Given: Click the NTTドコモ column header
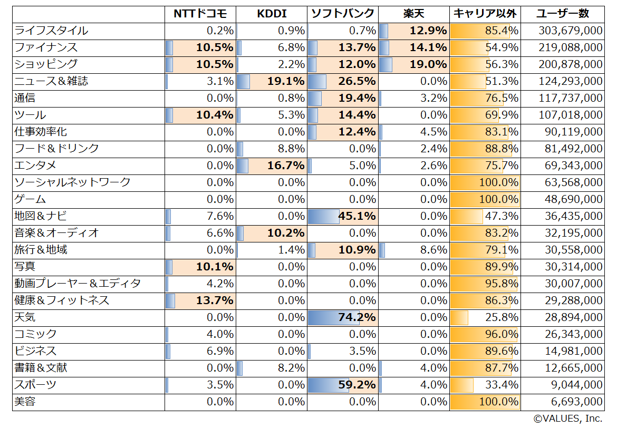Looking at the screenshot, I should click(x=200, y=14).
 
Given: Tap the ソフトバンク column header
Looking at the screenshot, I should click(x=342, y=14).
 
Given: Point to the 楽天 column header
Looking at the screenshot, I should click(x=413, y=14).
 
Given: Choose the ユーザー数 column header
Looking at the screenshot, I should click(x=562, y=14).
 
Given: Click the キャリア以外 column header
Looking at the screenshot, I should click(x=485, y=14).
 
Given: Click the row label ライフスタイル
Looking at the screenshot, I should click(x=51, y=31).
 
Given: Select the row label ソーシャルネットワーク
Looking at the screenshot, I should click(x=72, y=182).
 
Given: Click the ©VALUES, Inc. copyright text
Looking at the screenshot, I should click(x=567, y=419).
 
